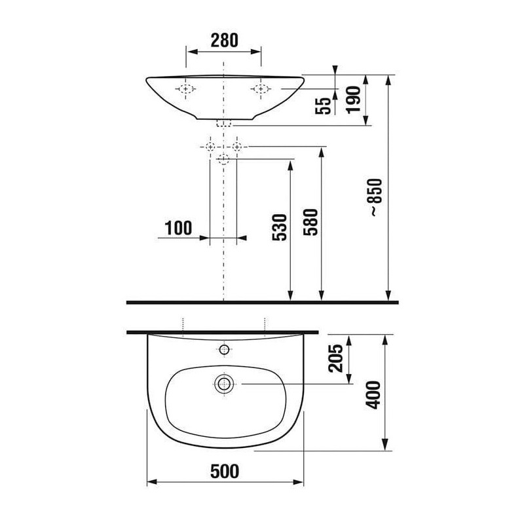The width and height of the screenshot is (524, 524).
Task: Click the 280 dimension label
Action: point(224,40)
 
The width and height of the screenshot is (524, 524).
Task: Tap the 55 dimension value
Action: point(323,106)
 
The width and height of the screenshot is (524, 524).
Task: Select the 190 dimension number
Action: point(354,100)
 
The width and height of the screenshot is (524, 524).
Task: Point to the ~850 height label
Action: point(375,197)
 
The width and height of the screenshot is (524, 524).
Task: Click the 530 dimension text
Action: point(280,227)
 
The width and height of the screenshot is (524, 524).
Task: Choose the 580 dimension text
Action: point(310,222)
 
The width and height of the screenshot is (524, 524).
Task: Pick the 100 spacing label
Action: point(178,228)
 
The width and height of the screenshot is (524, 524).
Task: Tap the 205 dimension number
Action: point(336,358)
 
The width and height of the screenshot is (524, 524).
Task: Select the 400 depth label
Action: point(373,395)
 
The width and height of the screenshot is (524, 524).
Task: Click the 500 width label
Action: point(225,472)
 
